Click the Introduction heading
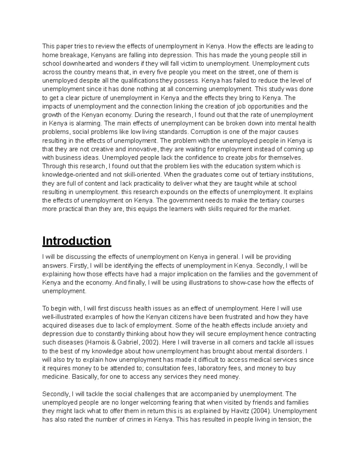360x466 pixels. [77, 241]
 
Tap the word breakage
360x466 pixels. [72, 55]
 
